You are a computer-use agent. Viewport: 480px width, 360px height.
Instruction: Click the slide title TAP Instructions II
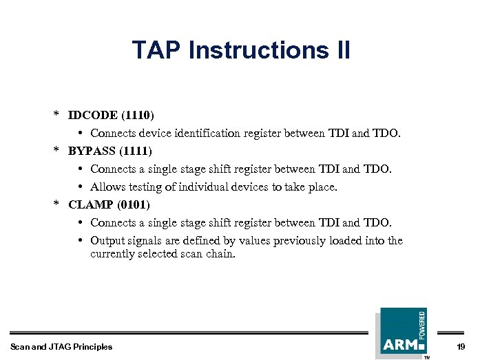[240, 50]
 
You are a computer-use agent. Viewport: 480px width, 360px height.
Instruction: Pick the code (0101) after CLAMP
[134, 204]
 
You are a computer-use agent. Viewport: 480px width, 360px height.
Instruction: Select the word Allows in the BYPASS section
[106, 187]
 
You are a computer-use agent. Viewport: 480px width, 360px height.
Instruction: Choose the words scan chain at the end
[211, 254]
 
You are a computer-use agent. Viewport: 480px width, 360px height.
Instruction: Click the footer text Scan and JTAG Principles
[61, 346]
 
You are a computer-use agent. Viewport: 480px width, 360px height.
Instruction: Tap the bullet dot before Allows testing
[81, 187]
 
